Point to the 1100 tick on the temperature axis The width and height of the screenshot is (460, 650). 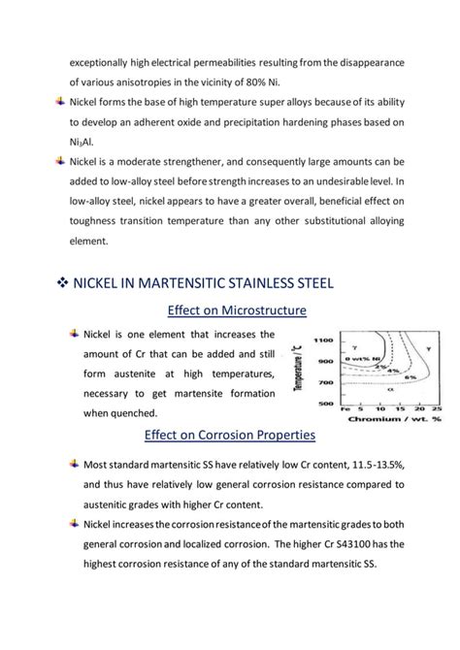coord(325,340)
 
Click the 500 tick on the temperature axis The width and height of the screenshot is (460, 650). coord(327,401)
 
